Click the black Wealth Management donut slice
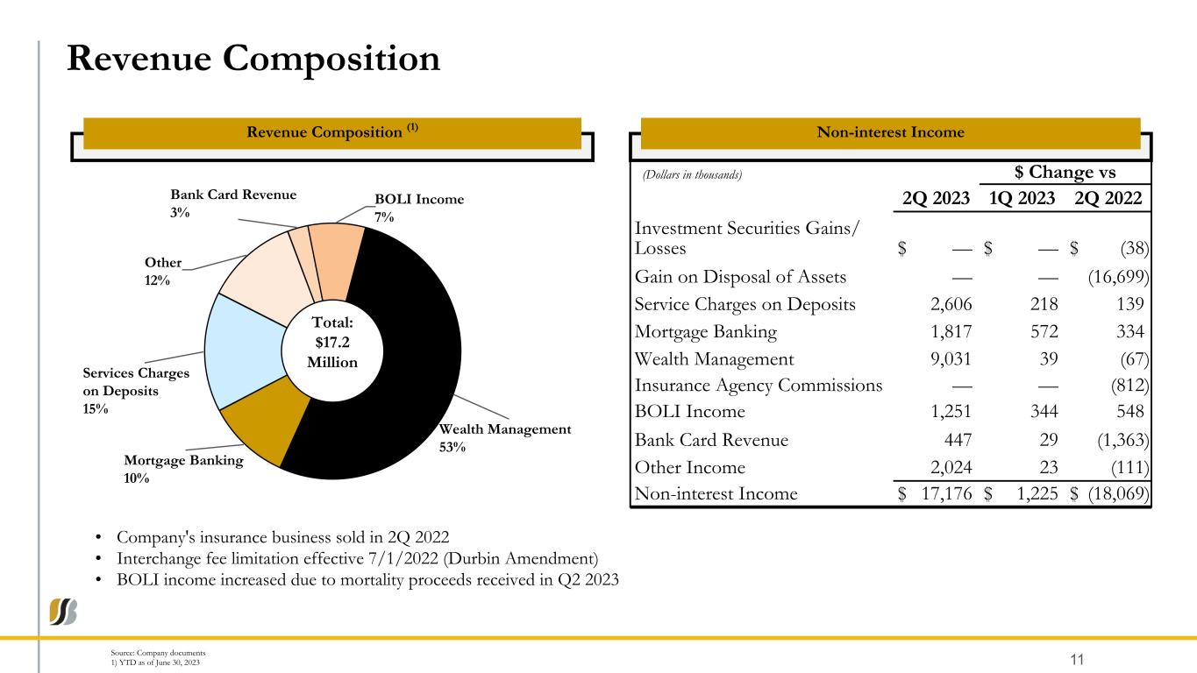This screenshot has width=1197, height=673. pyautogui.click(x=406, y=374)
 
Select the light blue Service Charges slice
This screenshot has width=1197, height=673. pyautogui.click(x=243, y=350)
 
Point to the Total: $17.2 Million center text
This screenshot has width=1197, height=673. pyautogui.click(x=331, y=343)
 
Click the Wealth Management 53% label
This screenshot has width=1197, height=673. pyautogui.click(x=505, y=438)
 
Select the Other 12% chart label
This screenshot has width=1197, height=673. pyautogui.click(x=163, y=272)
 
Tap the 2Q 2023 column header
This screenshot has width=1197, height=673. pyautogui.click(x=936, y=198)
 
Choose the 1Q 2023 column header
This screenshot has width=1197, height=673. pyautogui.click(x=1022, y=198)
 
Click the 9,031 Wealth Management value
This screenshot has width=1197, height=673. pyautogui.click(x=951, y=359)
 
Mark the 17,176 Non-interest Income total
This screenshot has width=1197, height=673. pyautogui.click(x=946, y=493)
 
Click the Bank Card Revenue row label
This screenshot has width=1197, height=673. pyautogui.click(x=711, y=440)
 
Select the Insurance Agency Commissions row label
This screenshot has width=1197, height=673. pyautogui.click(x=759, y=385)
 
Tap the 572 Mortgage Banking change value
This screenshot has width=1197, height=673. pyautogui.click(x=1044, y=332)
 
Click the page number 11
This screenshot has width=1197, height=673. pyautogui.click(x=1077, y=660)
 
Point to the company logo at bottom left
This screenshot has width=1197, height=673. pyautogui.click(x=64, y=612)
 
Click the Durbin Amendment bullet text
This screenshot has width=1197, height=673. pyautogui.click(x=358, y=559)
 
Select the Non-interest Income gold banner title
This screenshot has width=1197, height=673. pyautogui.click(x=890, y=132)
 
